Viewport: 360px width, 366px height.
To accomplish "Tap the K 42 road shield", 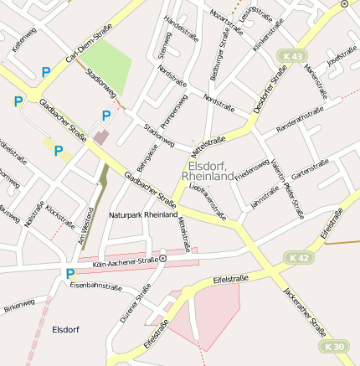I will [300, 258].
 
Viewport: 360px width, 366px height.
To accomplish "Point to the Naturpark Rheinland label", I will [143, 215].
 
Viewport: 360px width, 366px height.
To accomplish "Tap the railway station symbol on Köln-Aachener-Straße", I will [163, 260].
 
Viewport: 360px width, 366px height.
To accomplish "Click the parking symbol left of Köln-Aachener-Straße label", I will [70, 273].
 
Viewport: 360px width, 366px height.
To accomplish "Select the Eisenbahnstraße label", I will [95, 286].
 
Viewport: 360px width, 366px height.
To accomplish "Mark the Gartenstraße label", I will [307, 171].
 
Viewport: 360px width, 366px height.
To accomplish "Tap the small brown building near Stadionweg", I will [101, 136].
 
